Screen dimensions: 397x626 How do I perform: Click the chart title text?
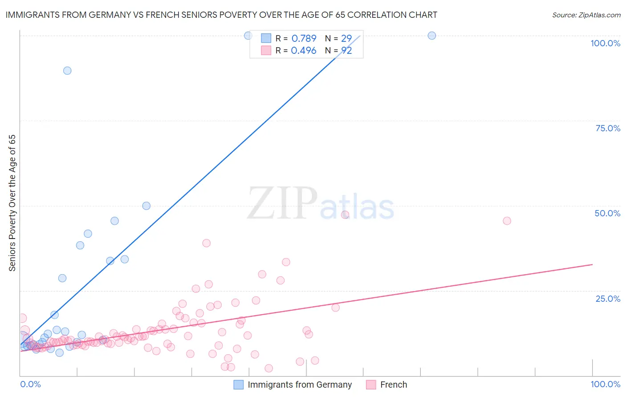tap(221, 15)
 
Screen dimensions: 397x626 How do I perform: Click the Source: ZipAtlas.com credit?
tap(586, 15)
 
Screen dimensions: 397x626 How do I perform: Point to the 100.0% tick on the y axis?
tap(605, 43)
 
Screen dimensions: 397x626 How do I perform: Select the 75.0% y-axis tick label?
tap(608, 128)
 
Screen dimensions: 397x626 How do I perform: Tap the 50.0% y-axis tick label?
tap(607, 213)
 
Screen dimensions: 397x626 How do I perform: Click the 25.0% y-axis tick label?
tap(608, 299)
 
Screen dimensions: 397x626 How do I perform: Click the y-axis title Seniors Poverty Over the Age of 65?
tap(12, 203)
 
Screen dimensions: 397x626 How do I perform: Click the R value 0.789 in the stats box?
tap(304, 39)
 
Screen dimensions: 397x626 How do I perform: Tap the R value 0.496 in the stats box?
tap(304, 51)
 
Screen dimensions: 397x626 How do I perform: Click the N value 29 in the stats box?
tap(346, 39)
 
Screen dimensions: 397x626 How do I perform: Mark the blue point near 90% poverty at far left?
tap(67, 70)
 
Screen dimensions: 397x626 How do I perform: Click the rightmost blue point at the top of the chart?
tap(432, 36)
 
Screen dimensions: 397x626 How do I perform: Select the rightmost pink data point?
tap(507, 221)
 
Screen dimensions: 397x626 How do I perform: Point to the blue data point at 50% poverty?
tap(146, 206)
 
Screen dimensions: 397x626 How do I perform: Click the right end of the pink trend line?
tap(593, 265)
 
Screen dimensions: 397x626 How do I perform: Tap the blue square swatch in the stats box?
tap(266, 38)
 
